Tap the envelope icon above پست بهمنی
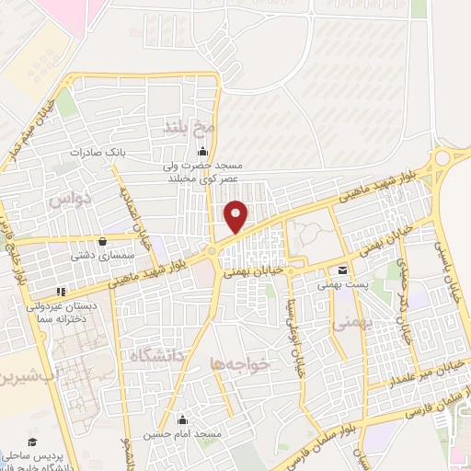tap(342, 270)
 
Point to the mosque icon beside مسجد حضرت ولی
tap(202, 152)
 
